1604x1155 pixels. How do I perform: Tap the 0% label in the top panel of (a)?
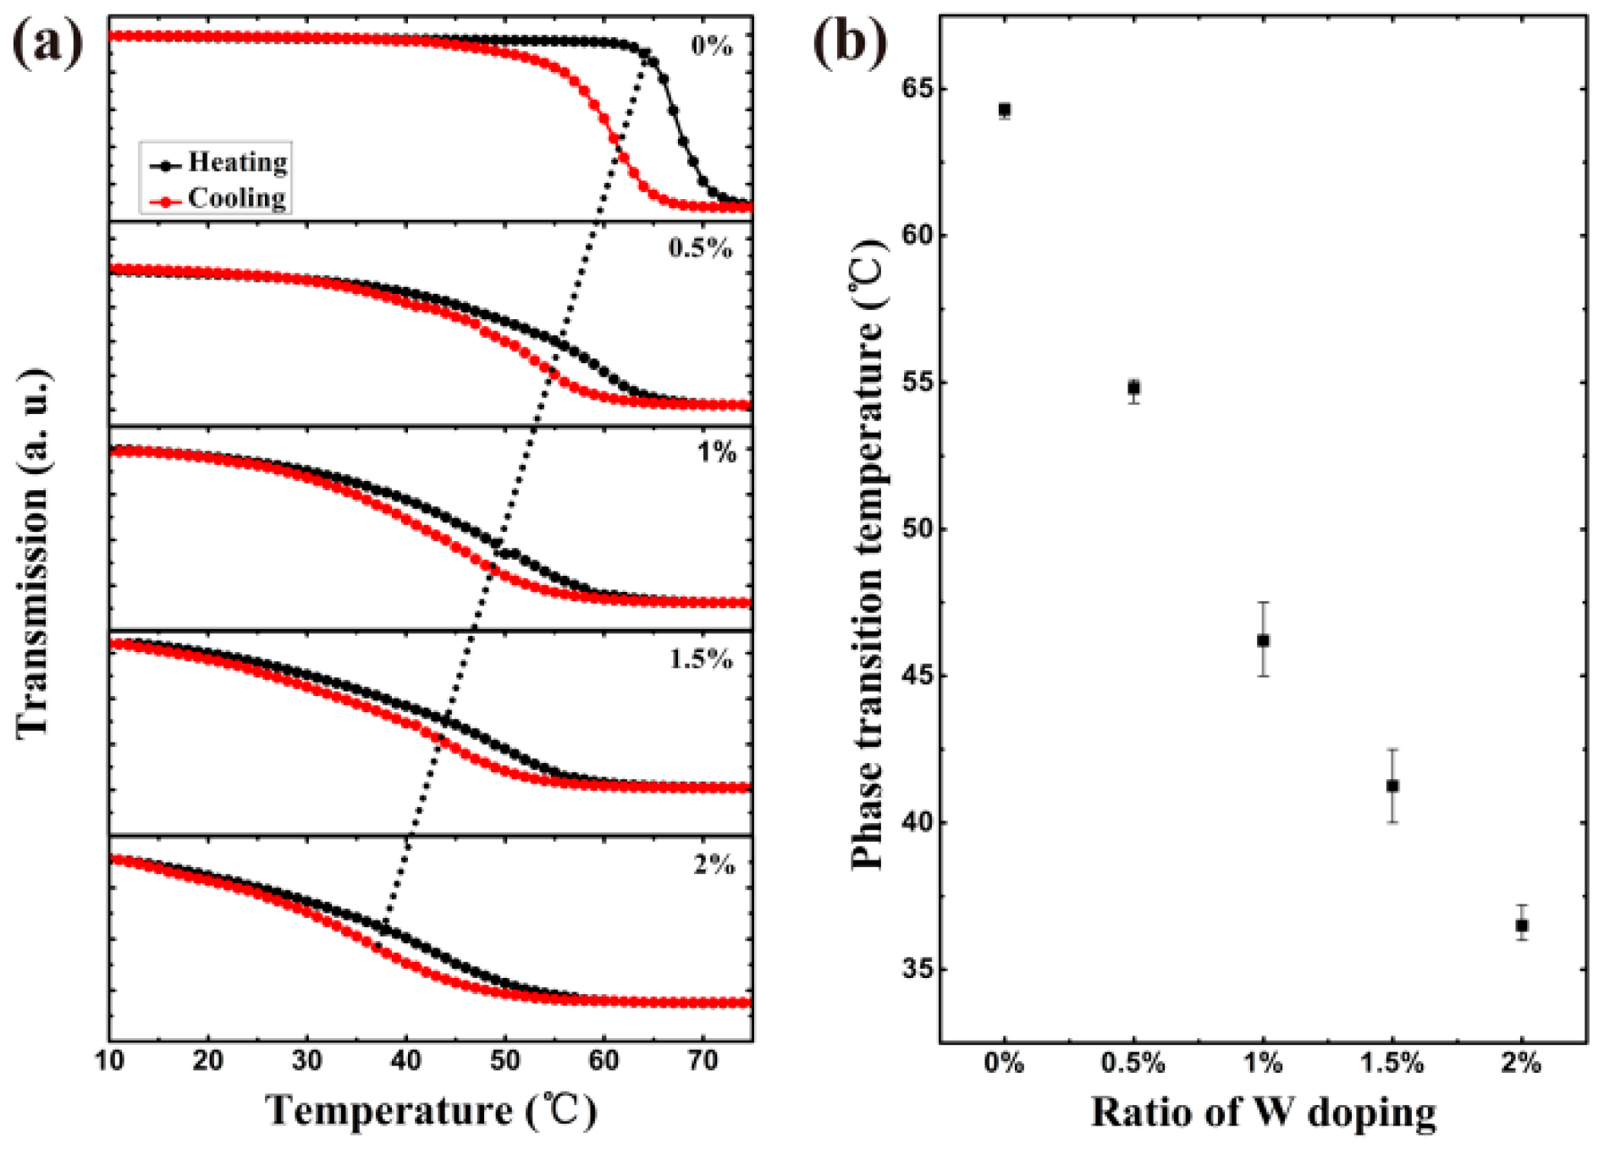[x=712, y=46]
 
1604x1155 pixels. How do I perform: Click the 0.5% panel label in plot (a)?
[x=700, y=248]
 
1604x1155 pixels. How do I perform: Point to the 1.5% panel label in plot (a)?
[x=701, y=659]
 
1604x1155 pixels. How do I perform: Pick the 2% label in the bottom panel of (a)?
[x=714, y=865]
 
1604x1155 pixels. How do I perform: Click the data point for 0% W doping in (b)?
[x=1005, y=110]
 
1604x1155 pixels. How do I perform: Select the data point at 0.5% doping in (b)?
[x=1134, y=388]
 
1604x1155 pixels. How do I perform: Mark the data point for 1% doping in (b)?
[x=1264, y=640]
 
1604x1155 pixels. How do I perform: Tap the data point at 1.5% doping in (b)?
[x=1392, y=786]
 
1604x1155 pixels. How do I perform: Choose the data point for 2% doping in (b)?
[x=1522, y=926]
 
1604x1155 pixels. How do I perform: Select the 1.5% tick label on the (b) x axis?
[x=1392, y=1063]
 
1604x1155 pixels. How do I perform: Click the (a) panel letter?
[x=48, y=42]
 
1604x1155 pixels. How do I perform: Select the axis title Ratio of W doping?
[x=1263, y=1112]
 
